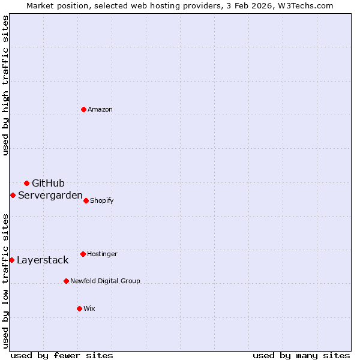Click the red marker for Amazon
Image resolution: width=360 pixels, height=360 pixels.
(x=83, y=109)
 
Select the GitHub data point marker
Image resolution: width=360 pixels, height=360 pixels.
(x=26, y=183)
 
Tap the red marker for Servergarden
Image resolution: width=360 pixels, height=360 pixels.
(x=13, y=195)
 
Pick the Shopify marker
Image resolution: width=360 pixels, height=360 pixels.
(x=86, y=200)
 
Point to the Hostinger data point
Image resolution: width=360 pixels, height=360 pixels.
(x=83, y=254)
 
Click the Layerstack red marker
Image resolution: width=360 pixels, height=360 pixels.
(x=11, y=260)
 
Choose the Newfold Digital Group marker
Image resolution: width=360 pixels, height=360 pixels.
(x=66, y=281)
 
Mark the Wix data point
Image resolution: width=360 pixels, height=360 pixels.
(x=79, y=308)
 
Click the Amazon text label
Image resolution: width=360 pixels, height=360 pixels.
(x=100, y=109)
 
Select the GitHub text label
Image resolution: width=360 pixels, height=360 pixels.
(x=48, y=183)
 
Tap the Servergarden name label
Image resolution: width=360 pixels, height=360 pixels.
(x=50, y=195)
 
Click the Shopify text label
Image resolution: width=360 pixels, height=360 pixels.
(x=102, y=200)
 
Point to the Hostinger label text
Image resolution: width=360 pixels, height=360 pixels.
(x=102, y=254)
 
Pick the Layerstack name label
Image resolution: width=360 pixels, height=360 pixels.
(x=43, y=260)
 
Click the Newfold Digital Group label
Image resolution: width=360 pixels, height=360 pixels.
(x=105, y=281)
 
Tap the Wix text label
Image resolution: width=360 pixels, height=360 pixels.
(x=89, y=308)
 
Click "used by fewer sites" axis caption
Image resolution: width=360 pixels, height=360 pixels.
(x=62, y=355)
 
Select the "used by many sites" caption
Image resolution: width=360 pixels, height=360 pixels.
(x=301, y=355)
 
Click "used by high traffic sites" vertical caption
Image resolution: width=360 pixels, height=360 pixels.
(x=5, y=85)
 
